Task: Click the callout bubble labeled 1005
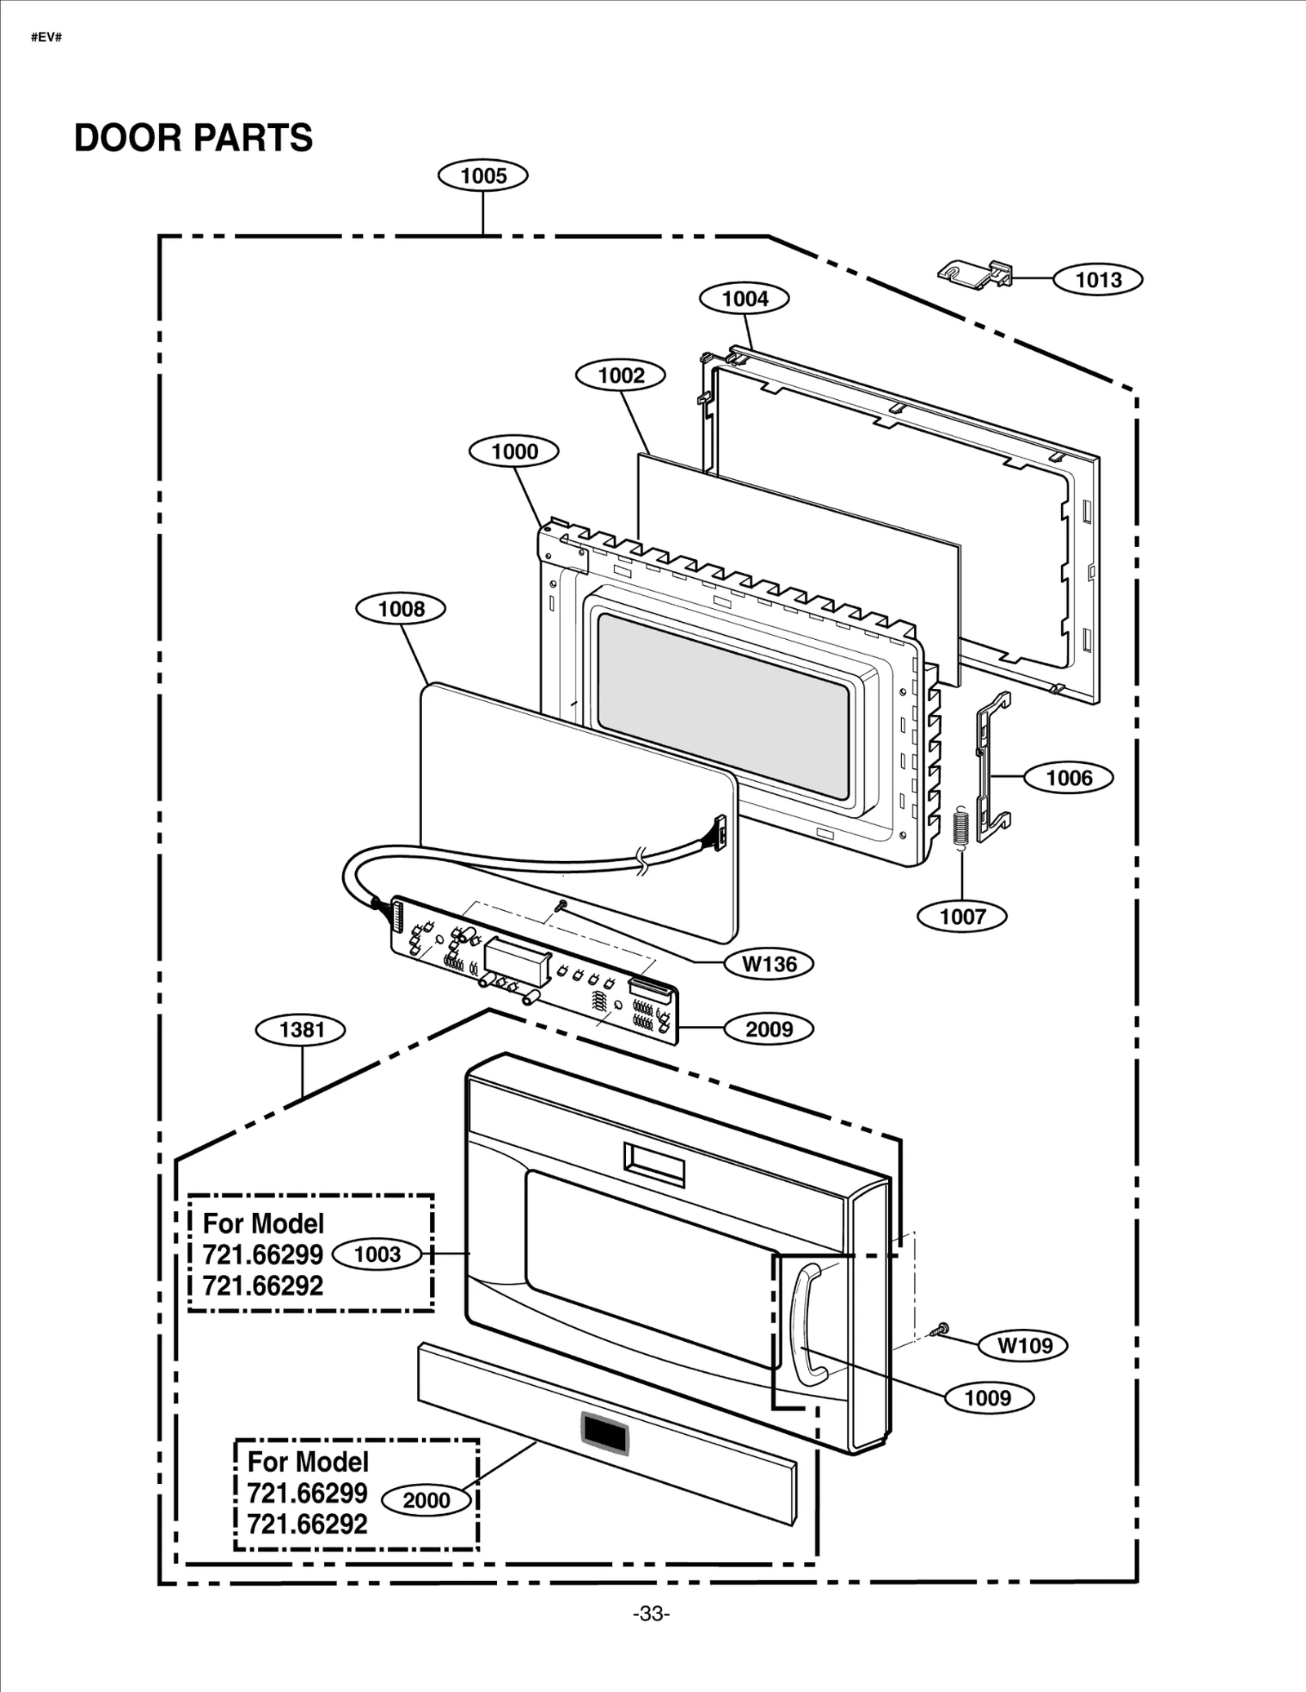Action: click(482, 175)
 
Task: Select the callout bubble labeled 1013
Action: click(1097, 280)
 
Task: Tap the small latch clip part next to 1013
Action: click(976, 273)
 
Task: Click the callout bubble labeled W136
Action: click(768, 964)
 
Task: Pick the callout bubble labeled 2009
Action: click(768, 1029)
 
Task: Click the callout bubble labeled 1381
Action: click(301, 1030)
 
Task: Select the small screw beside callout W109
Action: click(940, 1330)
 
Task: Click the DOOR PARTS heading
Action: click(193, 138)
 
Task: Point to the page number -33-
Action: click(651, 1614)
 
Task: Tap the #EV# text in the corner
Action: click(47, 38)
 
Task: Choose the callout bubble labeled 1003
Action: click(377, 1255)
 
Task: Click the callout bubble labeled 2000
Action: click(426, 1500)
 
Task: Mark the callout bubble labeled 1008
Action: click(401, 609)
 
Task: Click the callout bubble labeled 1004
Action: click(744, 299)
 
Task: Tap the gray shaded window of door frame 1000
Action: click(722, 706)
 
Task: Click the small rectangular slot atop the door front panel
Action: click(654, 1164)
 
